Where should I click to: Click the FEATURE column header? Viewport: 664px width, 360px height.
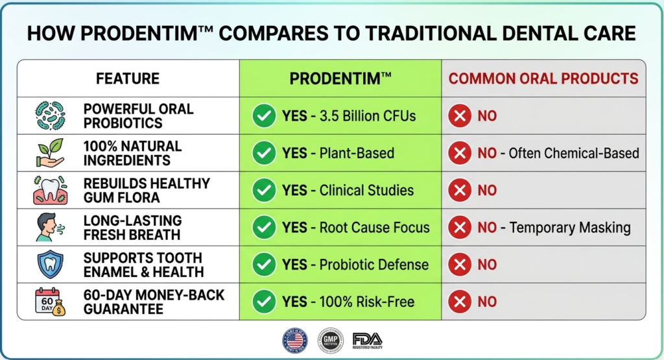pos(128,78)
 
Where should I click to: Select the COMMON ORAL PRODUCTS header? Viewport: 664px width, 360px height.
pos(543,78)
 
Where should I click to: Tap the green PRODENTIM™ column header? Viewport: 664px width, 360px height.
pos(340,78)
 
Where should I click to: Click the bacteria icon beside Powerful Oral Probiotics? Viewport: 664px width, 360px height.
pos(50,116)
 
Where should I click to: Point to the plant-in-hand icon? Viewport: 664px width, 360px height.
pos(50,153)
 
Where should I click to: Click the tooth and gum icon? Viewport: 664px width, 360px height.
pos(50,190)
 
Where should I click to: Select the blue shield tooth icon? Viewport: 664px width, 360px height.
pos(50,265)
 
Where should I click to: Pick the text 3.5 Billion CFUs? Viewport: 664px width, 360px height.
pos(367,116)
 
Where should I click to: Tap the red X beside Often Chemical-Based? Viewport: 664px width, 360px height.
pos(460,153)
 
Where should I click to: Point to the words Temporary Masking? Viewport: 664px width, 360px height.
pos(570,228)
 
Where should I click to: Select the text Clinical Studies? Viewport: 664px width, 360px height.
pos(366,191)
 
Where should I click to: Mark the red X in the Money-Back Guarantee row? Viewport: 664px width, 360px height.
pos(460,302)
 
